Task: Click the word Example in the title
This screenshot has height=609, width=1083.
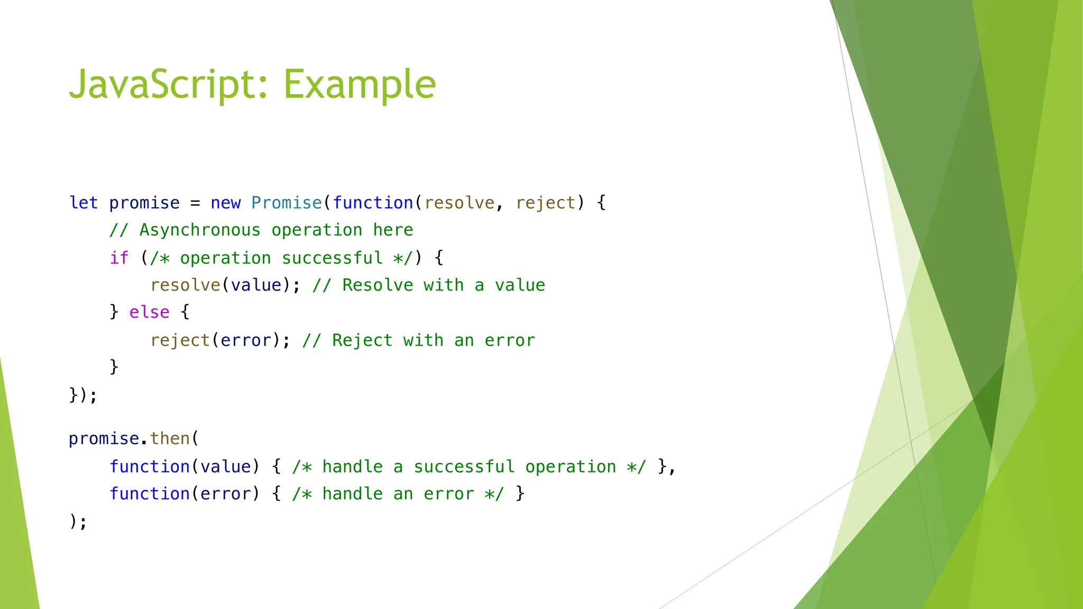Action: pos(360,85)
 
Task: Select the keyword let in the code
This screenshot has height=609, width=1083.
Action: pos(84,203)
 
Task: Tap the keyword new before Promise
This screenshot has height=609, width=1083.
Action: pos(225,203)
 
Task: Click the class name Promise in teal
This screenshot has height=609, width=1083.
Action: pos(286,203)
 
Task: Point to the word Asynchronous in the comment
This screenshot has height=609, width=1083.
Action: pos(200,230)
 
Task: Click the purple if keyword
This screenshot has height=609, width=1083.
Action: pos(119,258)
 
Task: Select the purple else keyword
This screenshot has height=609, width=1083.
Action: pos(149,312)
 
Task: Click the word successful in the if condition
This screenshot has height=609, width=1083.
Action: pos(332,258)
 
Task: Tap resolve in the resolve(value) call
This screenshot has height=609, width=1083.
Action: pos(185,285)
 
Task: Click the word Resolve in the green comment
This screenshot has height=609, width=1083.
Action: pos(377,285)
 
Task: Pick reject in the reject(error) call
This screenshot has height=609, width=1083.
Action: pos(180,340)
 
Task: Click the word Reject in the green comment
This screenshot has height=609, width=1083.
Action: pos(362,340)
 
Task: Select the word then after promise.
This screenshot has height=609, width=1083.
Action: pos(170,439)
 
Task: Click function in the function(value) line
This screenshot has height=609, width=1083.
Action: pos(149,467)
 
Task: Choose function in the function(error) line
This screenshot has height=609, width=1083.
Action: pos(149,494)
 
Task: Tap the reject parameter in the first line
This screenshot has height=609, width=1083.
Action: pos(545,203)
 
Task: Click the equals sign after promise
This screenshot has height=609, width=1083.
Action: pos(195,204)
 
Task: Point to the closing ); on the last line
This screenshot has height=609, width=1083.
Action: pos(78,522)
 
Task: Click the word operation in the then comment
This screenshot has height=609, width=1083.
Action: pos(570,467)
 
